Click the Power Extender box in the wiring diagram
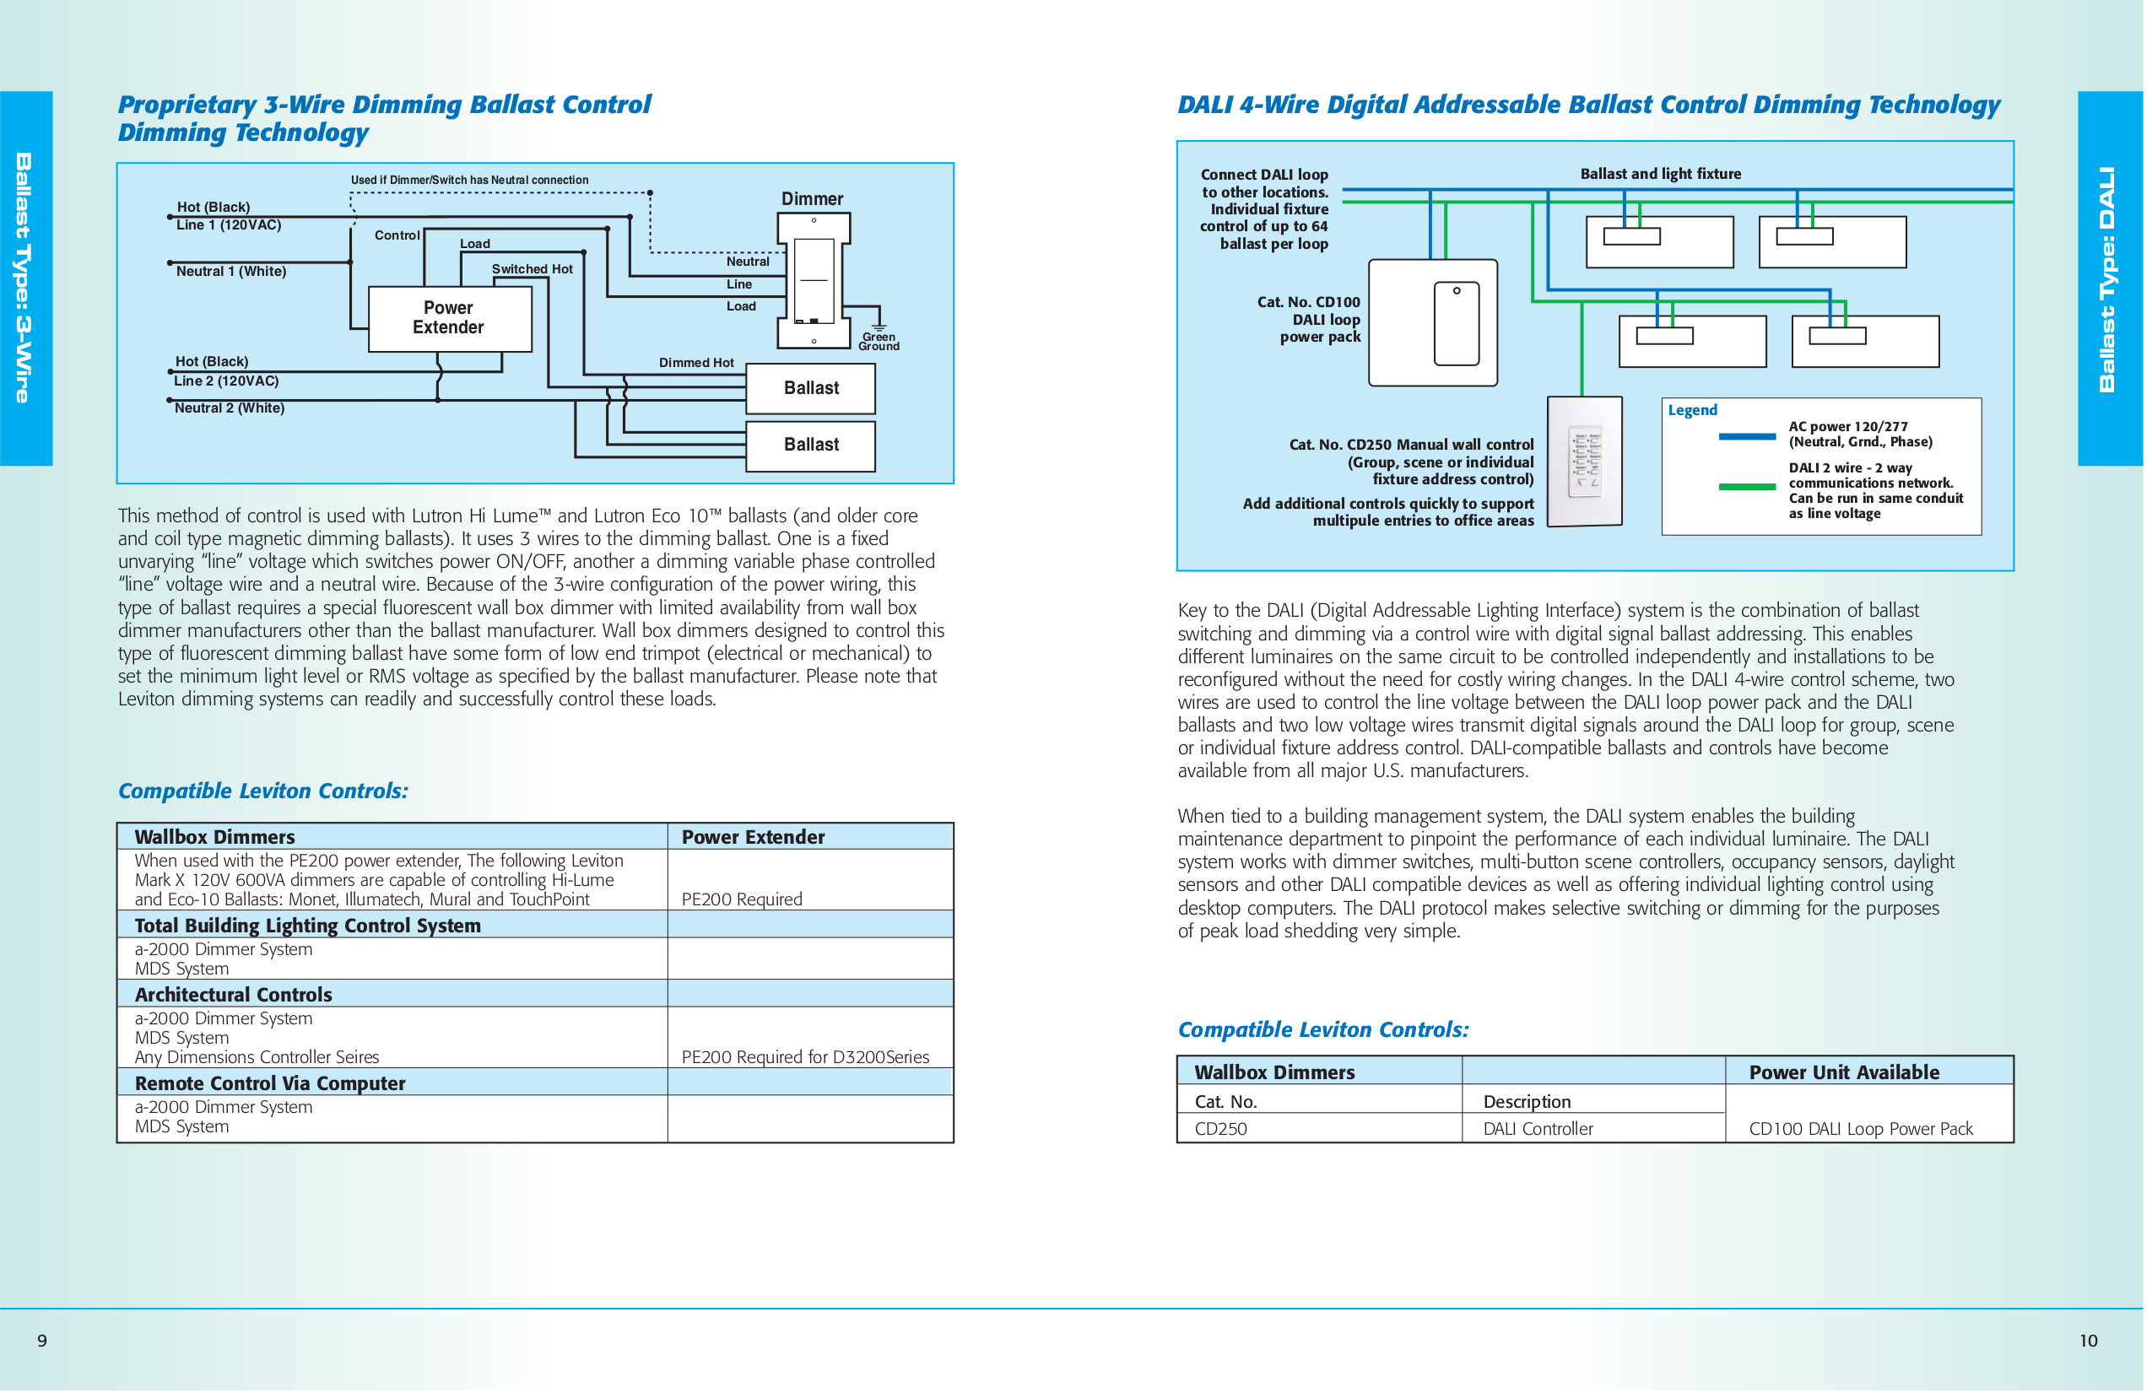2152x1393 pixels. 449,318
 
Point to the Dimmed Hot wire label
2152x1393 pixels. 695,363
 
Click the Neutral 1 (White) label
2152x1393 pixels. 230,271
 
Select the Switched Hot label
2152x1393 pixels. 532,268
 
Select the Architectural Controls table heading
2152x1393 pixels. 233,995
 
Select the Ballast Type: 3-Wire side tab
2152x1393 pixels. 25,278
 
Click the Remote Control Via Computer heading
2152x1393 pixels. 269,1083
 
